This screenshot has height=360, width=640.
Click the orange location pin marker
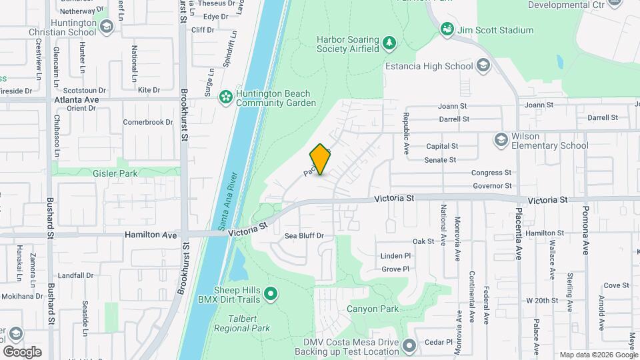320,159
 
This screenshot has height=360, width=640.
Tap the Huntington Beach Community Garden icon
226,98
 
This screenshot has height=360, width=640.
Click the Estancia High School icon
483,65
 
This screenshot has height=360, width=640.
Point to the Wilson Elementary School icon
501,140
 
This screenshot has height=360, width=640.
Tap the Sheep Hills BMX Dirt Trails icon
271,293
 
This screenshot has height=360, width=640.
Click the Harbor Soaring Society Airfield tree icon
389,43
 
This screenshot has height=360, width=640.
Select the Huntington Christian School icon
107,27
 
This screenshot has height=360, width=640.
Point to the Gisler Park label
115,173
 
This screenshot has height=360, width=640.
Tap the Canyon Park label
372,309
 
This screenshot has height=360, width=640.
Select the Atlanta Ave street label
76,99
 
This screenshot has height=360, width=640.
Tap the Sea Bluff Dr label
304,236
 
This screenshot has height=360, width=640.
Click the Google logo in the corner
22,351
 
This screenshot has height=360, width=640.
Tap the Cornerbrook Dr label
148,123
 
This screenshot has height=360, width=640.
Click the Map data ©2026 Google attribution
598,355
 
